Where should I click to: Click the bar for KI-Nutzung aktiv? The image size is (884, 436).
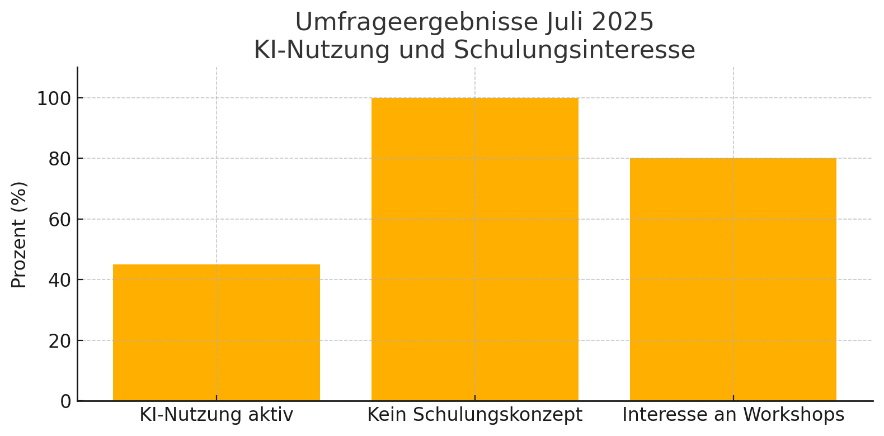216,333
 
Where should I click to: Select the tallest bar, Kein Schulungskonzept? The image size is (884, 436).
474,249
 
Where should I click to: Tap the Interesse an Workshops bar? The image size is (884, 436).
733,279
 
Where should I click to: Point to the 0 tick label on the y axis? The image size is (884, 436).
66,401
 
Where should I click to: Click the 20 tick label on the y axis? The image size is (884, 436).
60,341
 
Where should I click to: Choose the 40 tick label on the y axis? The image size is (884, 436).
60,280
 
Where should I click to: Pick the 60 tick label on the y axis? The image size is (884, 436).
60,220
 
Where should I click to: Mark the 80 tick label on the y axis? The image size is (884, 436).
60,159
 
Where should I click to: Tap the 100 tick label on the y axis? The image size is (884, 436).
54,99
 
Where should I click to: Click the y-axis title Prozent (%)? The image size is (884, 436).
19,235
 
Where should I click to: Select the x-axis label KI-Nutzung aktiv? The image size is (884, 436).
216,415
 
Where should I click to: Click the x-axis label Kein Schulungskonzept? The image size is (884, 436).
474,415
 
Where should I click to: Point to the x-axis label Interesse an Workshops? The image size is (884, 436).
733,415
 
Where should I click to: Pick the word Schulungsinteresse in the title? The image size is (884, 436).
574,50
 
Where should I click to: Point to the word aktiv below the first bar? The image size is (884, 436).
273,415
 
